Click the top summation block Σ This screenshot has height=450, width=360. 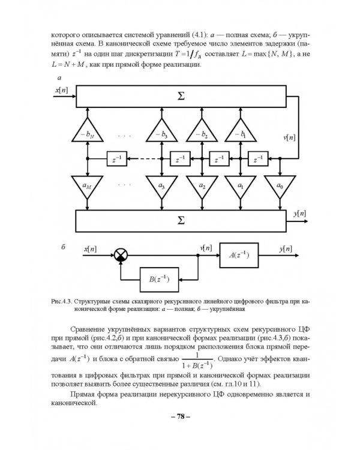pyautogui.click(x=181, y=96)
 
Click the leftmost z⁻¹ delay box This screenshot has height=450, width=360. pyautogui.click(x=116, y=159)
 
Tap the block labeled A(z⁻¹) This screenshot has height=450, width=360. pyautogui.click(x=239, y=256)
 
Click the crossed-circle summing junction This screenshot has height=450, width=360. pyautogui.click(x=122, y=256)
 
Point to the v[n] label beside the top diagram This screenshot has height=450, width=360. pyautogui.click(x=290, y=137)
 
